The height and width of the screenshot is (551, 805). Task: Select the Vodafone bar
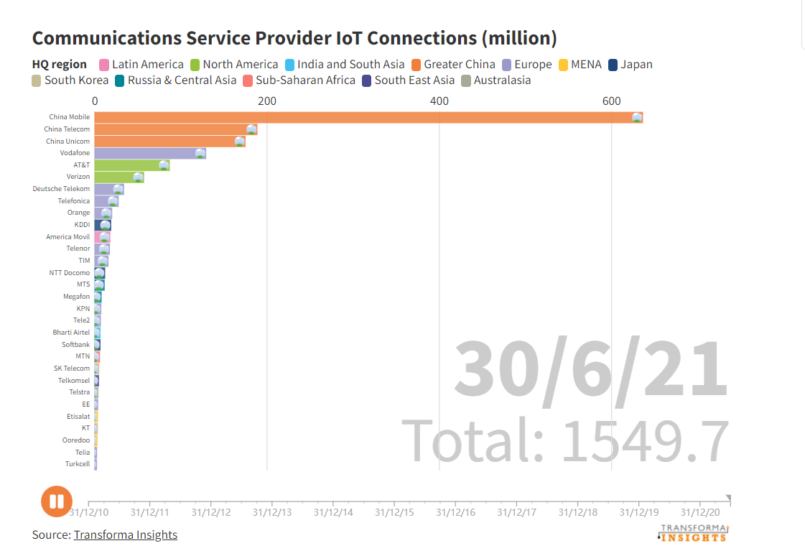[149, 153]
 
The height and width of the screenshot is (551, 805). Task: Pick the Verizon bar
[118, 177]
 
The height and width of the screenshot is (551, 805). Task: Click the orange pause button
[57, 501]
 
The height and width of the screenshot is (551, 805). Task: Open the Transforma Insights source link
[125, 534]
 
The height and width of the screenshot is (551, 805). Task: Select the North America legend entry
[240, 65]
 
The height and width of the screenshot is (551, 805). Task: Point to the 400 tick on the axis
[439, 101]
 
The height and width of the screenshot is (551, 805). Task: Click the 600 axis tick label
[611, 101]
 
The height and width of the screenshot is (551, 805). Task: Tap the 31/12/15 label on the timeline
[394, 512]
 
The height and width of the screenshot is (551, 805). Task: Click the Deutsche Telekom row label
[61, 189]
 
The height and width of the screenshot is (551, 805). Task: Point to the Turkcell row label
[78, 464]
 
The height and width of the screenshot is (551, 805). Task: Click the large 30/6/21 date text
[591, 369]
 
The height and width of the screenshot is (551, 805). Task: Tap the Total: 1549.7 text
[565, 440]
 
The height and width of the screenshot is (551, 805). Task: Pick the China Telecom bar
[175, 129]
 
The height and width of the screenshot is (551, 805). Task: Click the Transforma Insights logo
[693, 532]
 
